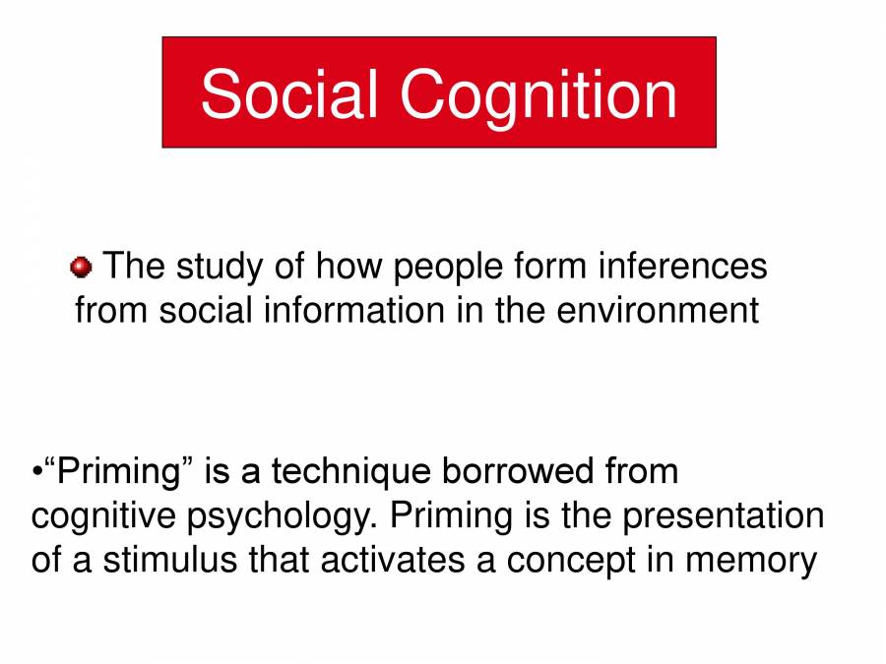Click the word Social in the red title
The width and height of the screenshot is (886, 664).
(x=289, y=94)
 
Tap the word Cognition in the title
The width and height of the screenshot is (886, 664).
(x=538, y=94)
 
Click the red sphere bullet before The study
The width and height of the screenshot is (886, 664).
(x=81, y=267)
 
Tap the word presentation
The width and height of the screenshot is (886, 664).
(x=722, y=515)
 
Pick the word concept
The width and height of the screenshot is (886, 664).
(x=568, y=562)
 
